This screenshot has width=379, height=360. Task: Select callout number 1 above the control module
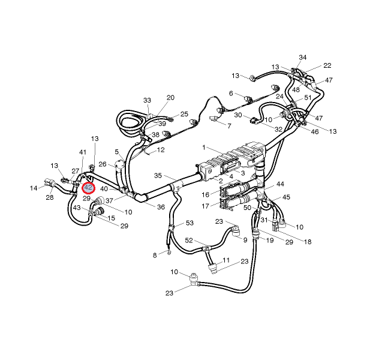(204, 147)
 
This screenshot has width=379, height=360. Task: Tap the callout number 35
(158, 176)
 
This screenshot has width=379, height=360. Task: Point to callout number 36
(161, 207)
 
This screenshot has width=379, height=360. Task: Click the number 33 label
(148, 100)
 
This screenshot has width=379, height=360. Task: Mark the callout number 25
(185, 113)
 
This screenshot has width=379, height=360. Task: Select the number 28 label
(49, 197)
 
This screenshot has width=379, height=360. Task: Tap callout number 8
(155, 255)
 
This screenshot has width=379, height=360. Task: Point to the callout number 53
(190, 223)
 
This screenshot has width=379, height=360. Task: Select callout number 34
(303, 58)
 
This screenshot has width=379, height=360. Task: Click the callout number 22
(327, 65)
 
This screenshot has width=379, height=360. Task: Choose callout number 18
(308, 242)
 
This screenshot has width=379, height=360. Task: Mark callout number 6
(231, 93)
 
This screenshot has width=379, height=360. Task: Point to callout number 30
(238, 115)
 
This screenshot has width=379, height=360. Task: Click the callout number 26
(103, 164)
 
